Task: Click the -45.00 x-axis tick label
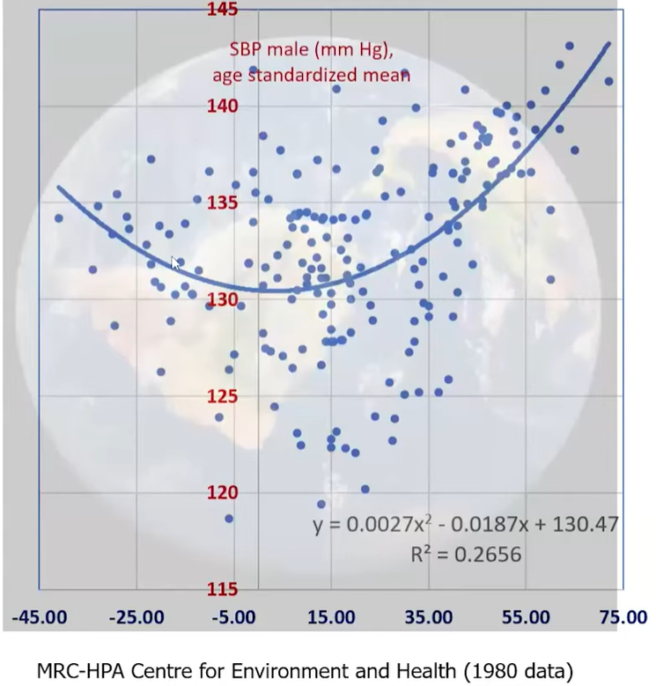(x=39, y=617)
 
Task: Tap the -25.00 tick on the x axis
(x=136, y=617)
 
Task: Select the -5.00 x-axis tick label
(x=235, y=617)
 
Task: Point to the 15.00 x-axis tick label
(x=331, y=617)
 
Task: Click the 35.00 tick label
(x=428, y=617)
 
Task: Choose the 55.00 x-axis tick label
(x=526, y=617)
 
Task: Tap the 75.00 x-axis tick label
(x=623, y=617)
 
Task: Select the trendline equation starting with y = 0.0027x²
(x=466, y=526)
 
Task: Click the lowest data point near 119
(x=321, y=505)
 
